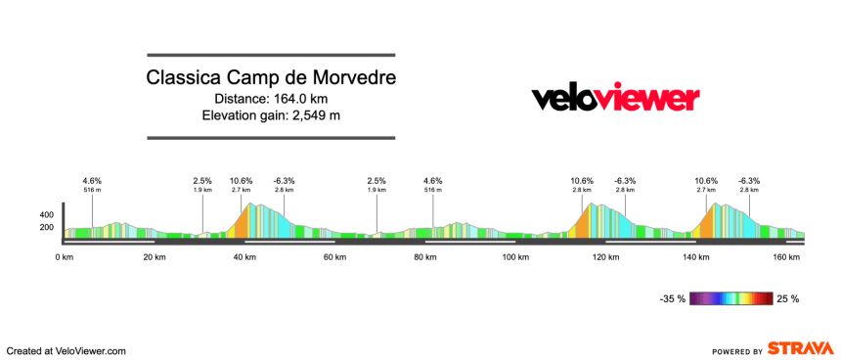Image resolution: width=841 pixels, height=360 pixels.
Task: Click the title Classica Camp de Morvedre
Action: [271, 77]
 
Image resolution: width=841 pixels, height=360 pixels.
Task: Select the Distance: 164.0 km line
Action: [271, 98]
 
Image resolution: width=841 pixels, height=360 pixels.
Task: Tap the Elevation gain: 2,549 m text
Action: [271, 115]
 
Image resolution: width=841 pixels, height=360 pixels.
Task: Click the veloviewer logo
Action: [615, 98]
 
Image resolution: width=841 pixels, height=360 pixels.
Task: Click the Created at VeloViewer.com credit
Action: [66, 350]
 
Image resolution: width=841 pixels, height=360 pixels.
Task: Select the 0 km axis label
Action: [65, 257]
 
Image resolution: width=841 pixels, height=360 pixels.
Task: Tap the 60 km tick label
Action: [334, 257]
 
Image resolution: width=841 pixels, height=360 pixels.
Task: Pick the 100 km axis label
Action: [515, 257]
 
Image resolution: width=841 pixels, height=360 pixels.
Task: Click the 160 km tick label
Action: [786, 257]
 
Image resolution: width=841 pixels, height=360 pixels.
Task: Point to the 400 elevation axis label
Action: [46, 214]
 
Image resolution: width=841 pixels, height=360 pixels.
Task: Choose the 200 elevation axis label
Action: [46, 228]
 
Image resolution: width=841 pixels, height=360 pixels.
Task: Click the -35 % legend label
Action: [672, 298]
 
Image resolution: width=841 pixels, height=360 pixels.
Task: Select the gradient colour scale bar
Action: [731, 298]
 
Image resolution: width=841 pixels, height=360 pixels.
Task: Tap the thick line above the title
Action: [271, 55]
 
